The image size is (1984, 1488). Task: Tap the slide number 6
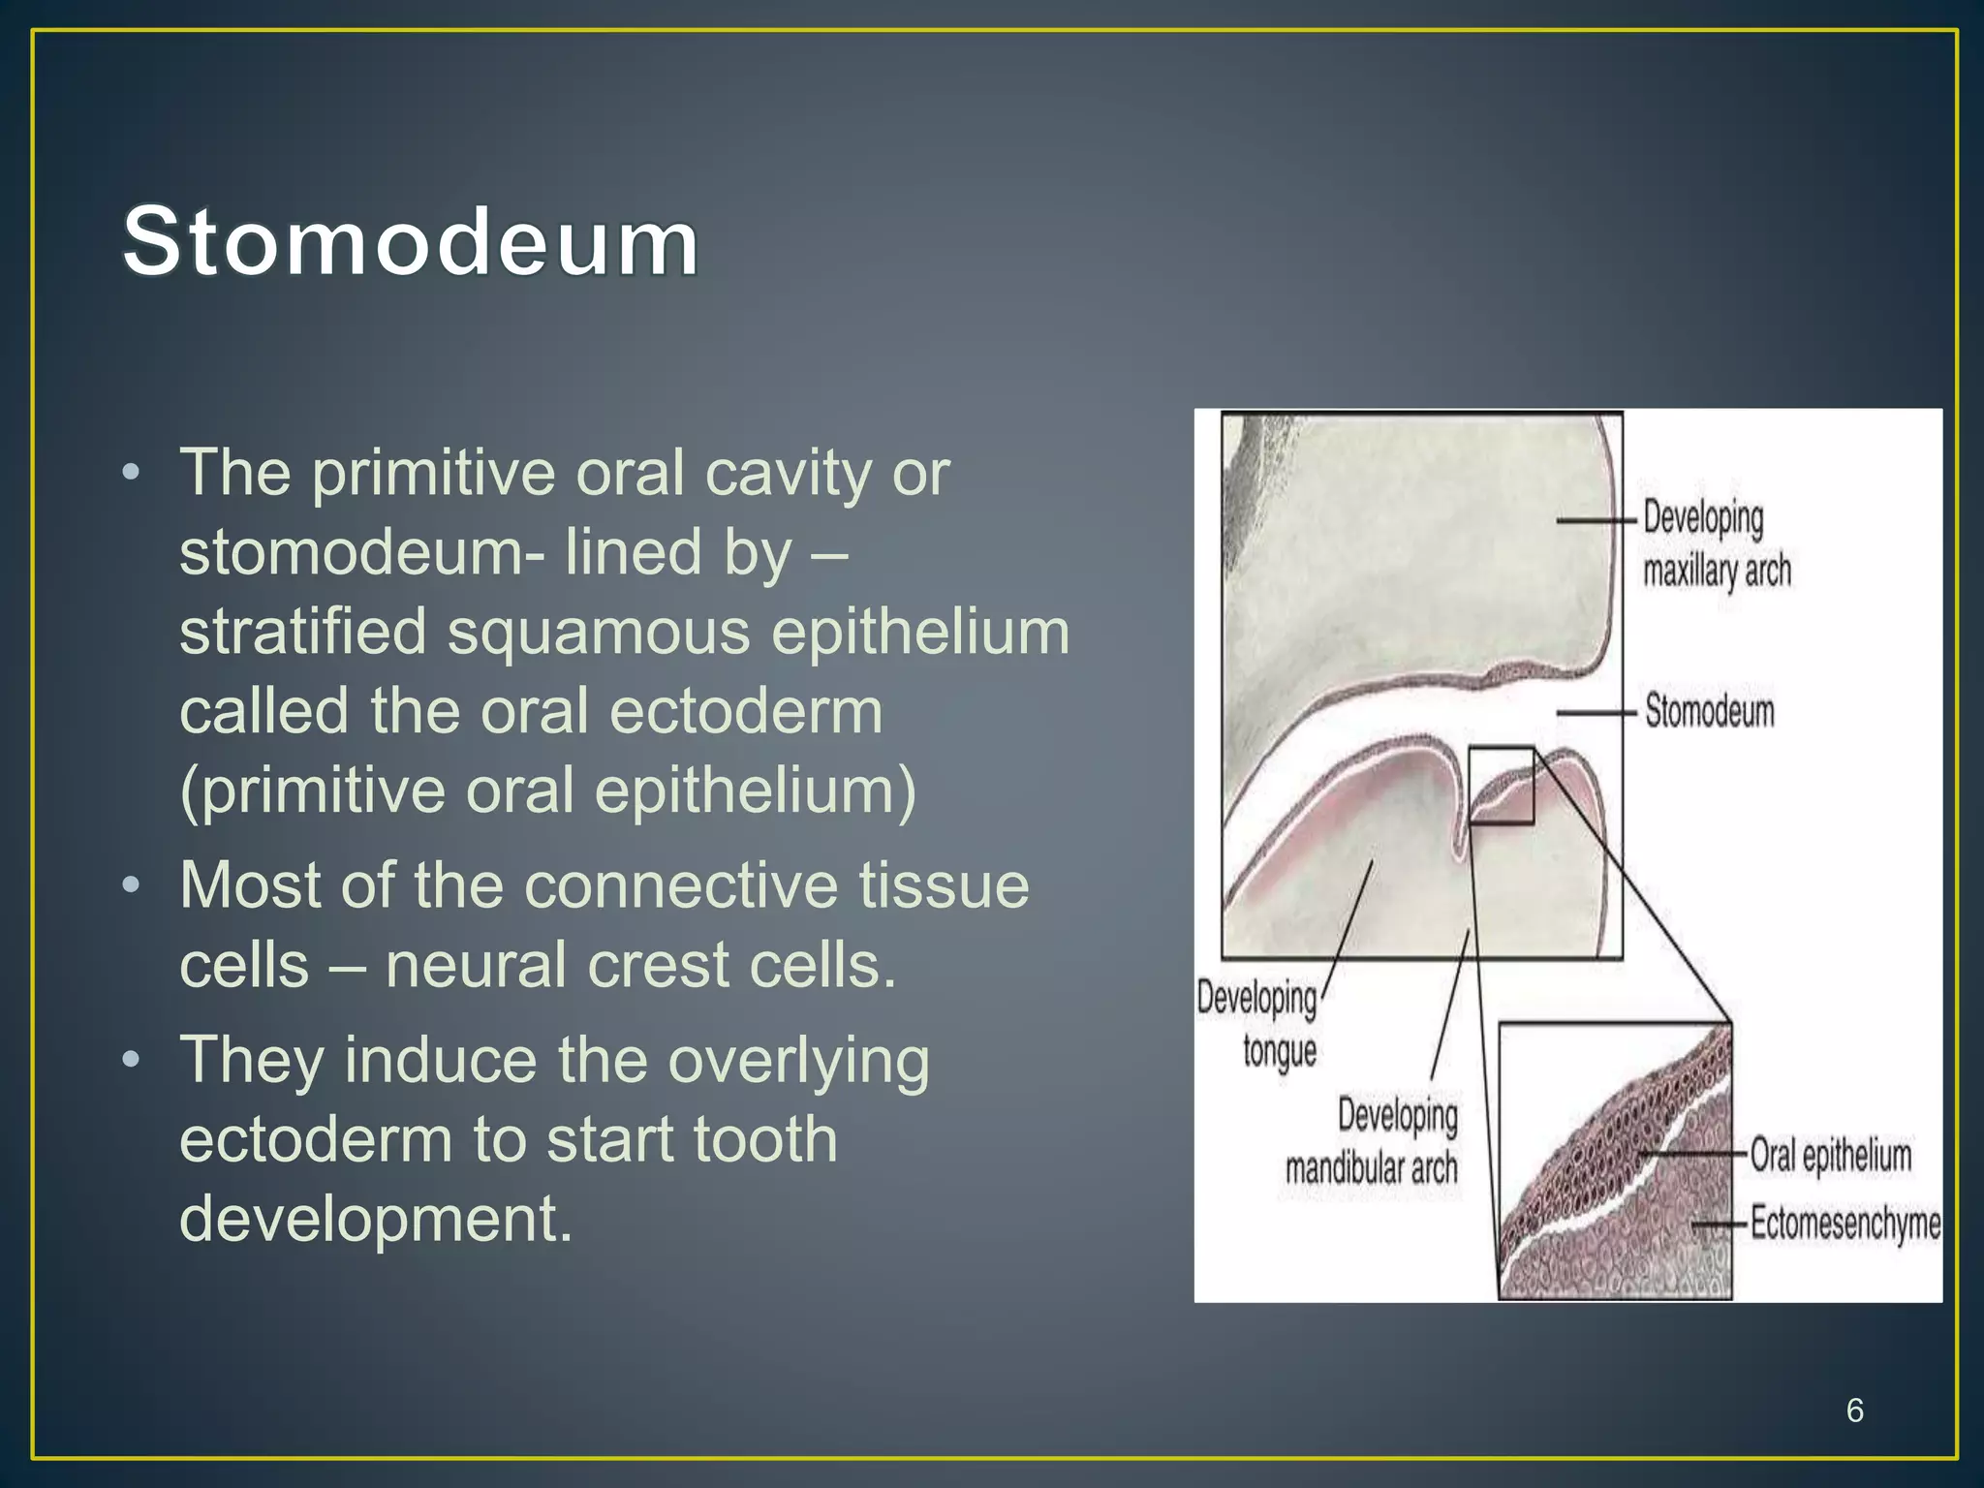[x=1854, y=1410]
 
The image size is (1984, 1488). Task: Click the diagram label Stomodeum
[x=1710, y=711]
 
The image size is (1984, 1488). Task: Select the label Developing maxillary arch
[x=1716, y=544]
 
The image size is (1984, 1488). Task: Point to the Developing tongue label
[x=1257, y=1025]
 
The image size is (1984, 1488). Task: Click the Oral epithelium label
[x=1830, y=1156]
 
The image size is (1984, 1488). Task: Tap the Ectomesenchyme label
[x=1844, y=1223]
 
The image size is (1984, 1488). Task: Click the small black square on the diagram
[x=1501, y=785]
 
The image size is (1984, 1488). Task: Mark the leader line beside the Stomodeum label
[x=1596, y=713]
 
